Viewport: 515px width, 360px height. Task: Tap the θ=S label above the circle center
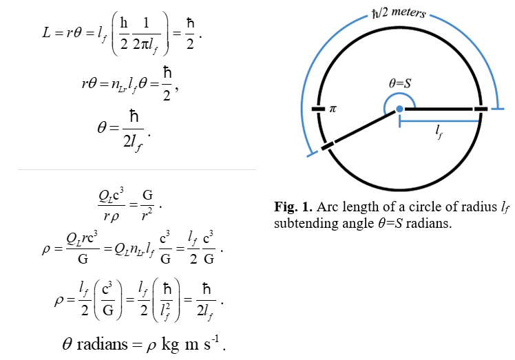tap(400, 83)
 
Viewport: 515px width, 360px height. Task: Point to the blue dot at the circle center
tap(399, 109)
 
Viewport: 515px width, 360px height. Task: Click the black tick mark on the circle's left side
tap(317, 109)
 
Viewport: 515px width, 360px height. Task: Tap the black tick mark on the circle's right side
tap(481, 109)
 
